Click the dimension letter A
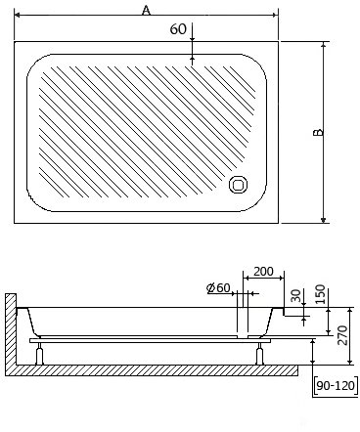click(x=147, y=9)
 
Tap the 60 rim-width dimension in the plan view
click(x=177, y=29)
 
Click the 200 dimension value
click(x=262, y=270)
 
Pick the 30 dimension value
click(x=296, y=296)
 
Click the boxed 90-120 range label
click(x=335, y=386)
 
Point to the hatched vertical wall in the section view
click(x=9, y=332)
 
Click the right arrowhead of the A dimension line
click(x=275, y=17)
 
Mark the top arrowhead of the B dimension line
click(x=324, y=45)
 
